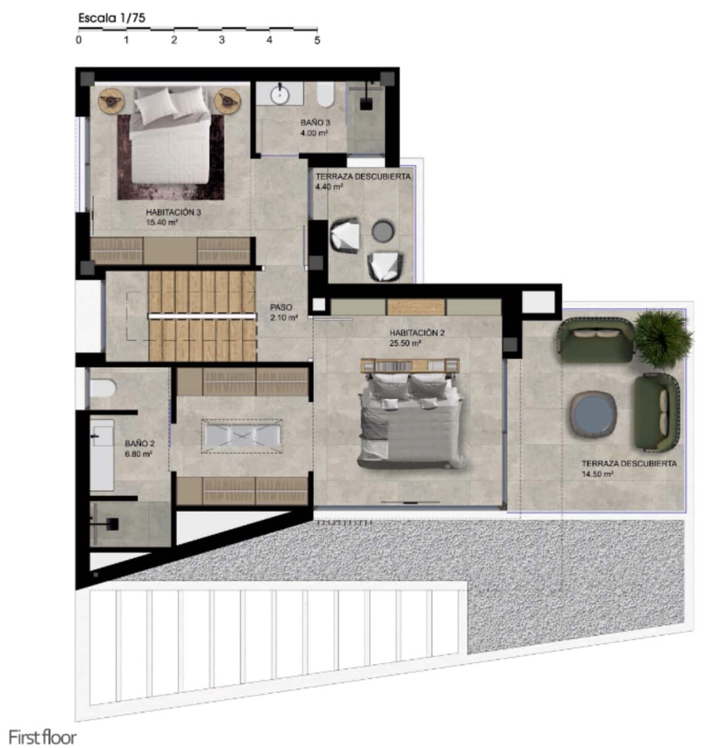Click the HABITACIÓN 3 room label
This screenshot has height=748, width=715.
point(173,212)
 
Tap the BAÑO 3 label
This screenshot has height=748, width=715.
point(315,123)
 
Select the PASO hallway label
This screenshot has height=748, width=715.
point(281,307)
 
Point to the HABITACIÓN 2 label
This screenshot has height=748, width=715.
point(417,333)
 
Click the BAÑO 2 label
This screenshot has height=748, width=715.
point(139,444)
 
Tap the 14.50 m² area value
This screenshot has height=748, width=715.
point(597,474)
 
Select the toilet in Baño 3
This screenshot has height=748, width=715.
point(324,96)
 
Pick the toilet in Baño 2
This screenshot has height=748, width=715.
point(103,389)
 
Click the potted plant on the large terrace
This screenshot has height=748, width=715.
point(664,337)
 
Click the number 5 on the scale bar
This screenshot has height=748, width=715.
point(317,40)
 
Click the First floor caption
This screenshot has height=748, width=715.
point(42,737)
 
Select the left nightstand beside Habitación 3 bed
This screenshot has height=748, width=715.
point(110,100)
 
